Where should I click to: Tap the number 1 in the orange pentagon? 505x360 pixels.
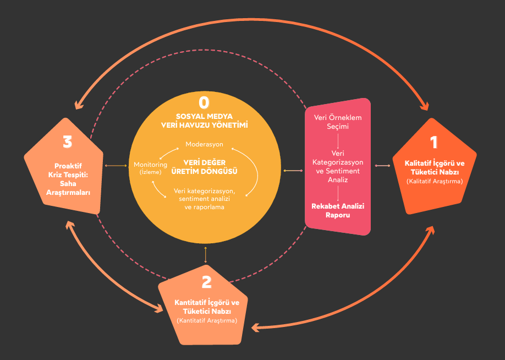434,143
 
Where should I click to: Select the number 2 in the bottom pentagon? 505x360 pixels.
206,282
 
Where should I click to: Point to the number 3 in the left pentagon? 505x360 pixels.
68,143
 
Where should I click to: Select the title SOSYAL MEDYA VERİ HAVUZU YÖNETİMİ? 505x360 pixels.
204,121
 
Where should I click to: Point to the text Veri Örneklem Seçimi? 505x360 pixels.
338,122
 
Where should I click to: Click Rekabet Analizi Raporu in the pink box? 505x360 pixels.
338,211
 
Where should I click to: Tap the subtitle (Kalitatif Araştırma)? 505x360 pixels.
435,181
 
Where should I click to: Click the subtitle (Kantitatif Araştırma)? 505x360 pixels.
206,320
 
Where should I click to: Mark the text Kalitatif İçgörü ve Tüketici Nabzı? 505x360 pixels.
435,167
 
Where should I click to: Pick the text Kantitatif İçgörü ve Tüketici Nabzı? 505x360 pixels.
206,307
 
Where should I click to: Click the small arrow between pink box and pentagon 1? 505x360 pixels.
382,165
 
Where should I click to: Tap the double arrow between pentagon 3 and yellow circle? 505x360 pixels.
115,165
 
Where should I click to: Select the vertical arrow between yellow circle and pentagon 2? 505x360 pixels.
205,254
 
